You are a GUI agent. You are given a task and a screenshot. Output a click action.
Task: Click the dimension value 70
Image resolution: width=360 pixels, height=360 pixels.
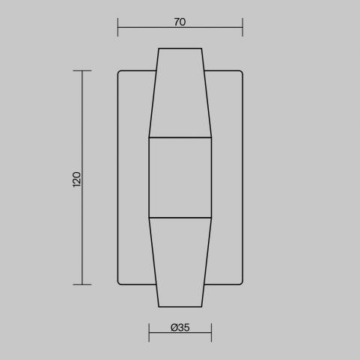[180, 22]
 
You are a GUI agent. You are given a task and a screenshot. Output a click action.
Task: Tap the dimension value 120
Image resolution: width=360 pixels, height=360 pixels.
[77, 179]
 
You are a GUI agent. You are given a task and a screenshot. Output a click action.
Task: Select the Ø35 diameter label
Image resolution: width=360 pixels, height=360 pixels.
[180, 327]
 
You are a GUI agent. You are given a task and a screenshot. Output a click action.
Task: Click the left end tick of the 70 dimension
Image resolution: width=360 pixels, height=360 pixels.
[118, 27]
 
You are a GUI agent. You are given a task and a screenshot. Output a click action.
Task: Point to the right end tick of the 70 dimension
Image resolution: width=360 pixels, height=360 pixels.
[242, 27]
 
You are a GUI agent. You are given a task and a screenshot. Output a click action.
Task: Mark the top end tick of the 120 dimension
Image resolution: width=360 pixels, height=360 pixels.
[82, 71]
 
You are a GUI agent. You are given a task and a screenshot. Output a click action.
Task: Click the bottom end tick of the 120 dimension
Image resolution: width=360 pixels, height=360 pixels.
[82, 284]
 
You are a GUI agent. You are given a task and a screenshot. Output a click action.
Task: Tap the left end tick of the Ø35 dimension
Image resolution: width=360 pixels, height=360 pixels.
[149, 332]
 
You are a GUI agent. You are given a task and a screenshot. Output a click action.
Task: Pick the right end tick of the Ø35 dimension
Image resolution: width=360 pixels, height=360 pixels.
[211, 332]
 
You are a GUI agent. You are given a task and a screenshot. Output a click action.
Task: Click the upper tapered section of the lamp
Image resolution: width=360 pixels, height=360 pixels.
[180, 93]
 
